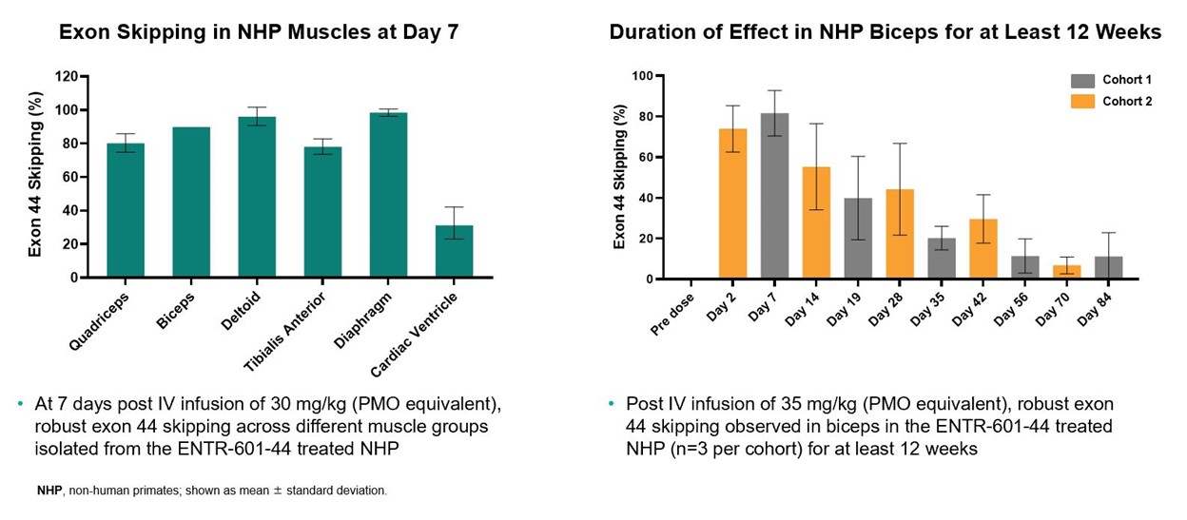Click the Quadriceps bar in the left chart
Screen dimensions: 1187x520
(126, 210)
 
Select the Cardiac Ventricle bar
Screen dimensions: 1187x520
(454, 251)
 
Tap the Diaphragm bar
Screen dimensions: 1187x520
(388, 195)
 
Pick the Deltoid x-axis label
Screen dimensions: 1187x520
(242, 311)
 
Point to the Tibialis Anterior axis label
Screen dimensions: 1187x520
(284, 332)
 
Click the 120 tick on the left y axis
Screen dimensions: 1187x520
(67, 77)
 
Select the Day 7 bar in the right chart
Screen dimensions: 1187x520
(775, 196)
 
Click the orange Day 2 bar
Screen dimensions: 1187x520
(733, 203)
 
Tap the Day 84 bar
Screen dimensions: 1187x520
(1109, 267)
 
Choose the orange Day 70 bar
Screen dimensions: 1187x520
(1067, 272)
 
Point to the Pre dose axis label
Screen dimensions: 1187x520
(671, 315)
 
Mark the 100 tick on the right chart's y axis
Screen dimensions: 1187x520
(642, 76)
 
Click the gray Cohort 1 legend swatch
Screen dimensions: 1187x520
(1082, 81)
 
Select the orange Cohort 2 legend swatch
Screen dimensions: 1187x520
(1082, 102)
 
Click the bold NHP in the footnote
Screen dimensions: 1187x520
(49, 491)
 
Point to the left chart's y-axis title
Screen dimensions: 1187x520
(35, 174)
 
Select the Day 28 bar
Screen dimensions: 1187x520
(900, 234)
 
